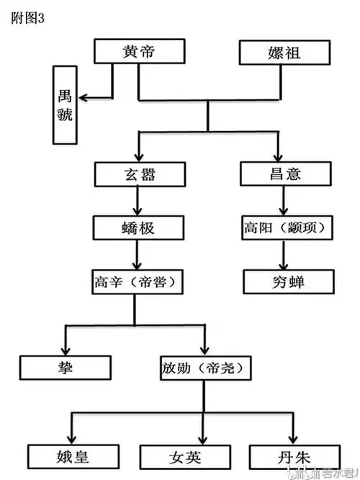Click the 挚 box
65,368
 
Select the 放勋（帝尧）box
206,368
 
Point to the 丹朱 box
293,456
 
